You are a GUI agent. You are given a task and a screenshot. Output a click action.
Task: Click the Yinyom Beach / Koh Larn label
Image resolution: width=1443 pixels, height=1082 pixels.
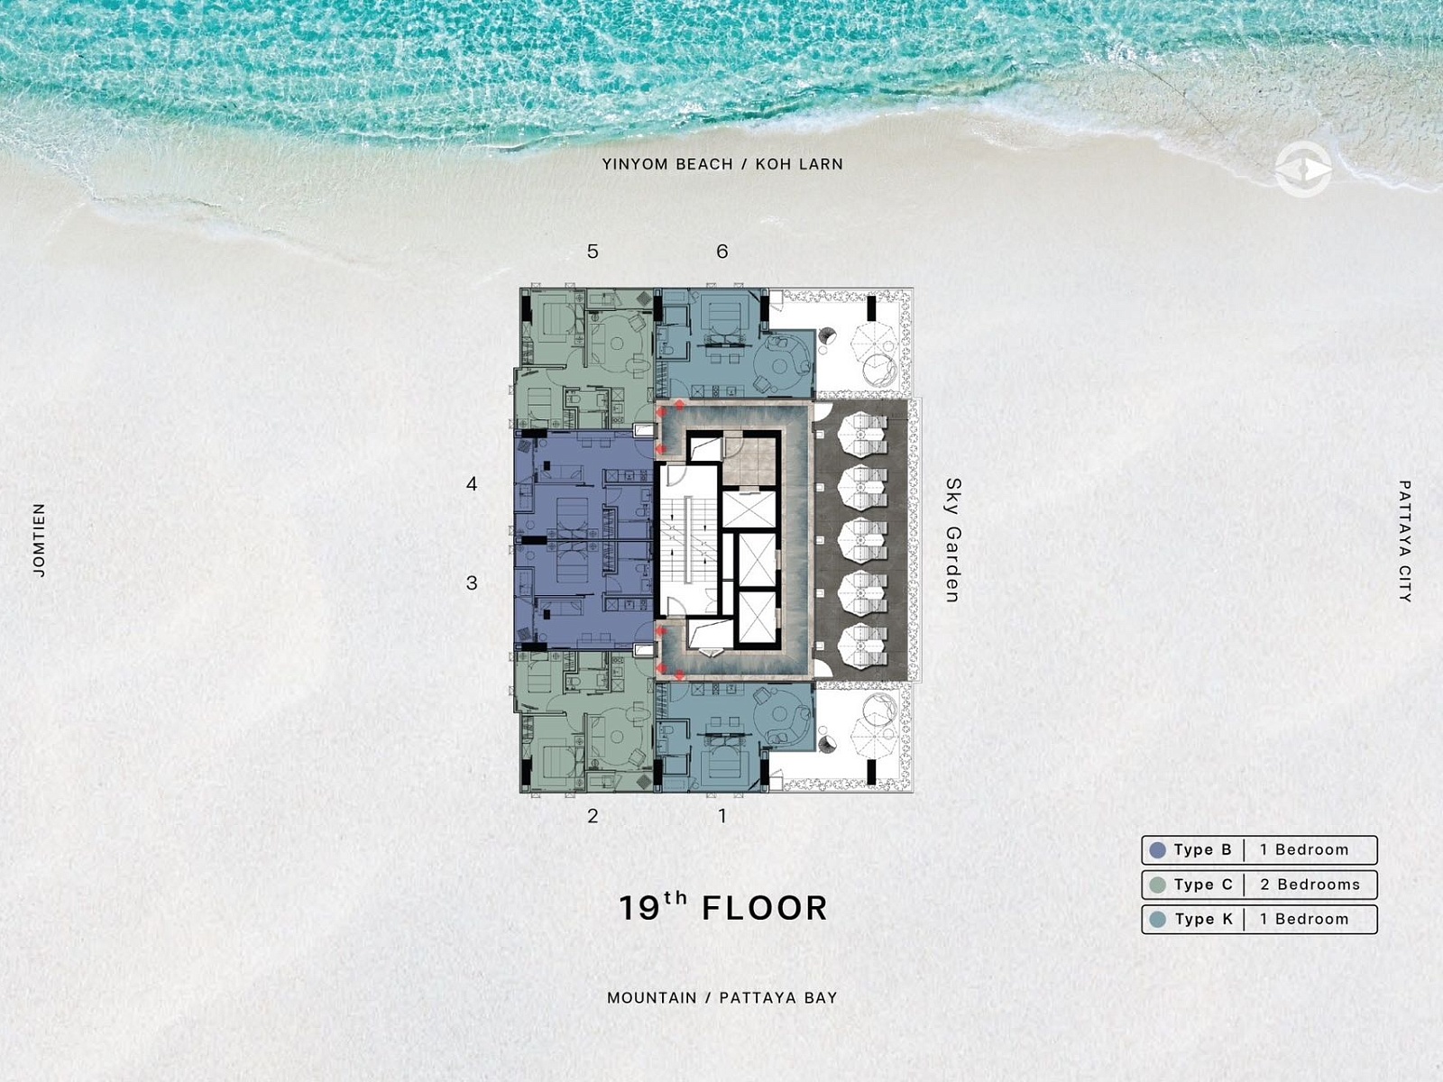coord(722,164)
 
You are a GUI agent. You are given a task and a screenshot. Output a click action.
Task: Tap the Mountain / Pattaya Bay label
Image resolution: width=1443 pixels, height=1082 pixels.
coord(721,998)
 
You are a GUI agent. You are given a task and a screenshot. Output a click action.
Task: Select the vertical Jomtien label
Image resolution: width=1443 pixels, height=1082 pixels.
coord(40,540)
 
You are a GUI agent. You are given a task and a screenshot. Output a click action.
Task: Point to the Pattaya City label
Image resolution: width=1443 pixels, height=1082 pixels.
coord(1405,541)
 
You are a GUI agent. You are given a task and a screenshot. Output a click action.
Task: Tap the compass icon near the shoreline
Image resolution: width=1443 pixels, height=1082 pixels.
coord(1303,170)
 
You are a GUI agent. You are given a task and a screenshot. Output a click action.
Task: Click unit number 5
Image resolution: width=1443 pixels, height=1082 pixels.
coord(593,252)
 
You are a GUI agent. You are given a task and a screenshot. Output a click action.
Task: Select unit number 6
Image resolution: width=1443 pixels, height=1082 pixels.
coord(721,252)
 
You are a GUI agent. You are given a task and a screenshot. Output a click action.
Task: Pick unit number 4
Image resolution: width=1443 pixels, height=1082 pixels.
coord(472,484)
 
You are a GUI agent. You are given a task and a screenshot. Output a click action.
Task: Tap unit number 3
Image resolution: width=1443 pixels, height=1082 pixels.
coord(472,582)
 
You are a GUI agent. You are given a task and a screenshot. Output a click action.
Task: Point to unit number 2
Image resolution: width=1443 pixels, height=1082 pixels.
coord(593,816)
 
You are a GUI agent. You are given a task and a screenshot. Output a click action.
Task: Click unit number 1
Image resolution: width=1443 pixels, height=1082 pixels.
coord(722,816)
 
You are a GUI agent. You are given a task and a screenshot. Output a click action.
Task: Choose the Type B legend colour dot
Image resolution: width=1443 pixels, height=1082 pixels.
coord(1158,850)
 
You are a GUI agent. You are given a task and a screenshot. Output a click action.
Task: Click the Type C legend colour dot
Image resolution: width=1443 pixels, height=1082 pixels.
coord(1158,885)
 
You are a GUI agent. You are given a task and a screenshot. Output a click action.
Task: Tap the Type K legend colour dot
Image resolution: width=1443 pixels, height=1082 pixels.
coord(1158,920)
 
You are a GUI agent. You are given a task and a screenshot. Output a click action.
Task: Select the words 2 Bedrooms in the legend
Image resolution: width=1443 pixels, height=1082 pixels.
coord(1310,885)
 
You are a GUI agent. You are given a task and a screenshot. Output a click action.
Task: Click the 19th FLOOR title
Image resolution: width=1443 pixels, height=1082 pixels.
coord(722,907)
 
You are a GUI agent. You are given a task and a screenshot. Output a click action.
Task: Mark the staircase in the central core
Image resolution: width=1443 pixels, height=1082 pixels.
coord(688,540)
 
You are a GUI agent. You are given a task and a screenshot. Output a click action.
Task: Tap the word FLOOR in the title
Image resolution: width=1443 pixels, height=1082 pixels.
coord(765,909)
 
